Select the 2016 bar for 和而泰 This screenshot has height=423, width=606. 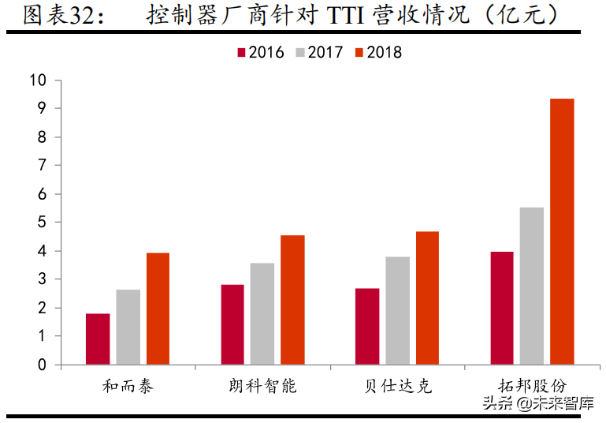[x=98, y=339]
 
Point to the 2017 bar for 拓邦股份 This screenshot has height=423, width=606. [x=531, y=286]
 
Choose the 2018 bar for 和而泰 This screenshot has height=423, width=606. [x=158, y=309]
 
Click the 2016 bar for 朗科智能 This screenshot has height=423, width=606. [x=232, y=324]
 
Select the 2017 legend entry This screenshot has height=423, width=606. [x=319, y=53]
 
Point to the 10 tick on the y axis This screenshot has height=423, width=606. [x=39, y=80]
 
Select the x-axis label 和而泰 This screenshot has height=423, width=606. [x=128, y=386]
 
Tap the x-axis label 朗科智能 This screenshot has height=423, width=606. [x=262, y=386]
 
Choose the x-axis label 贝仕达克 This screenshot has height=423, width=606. [x=397, y=386]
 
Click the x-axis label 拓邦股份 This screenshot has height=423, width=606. [x=531, y=386]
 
